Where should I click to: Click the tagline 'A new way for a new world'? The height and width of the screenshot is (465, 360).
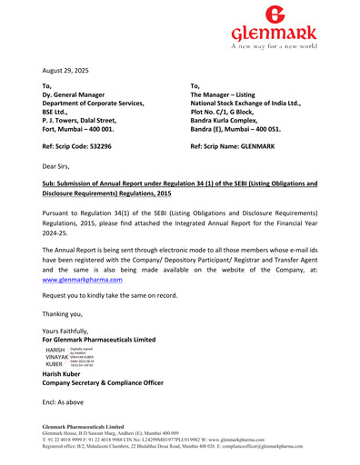click(x=273, y=44)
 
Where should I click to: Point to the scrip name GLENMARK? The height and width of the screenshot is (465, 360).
click(x=252, y=145)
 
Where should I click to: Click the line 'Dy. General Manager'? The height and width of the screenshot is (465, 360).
click(x=79, y=94)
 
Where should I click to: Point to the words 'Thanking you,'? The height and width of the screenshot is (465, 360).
click(x=66, y=314)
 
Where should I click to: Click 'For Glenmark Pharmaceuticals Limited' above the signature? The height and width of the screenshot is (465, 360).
click(x=99, y=340)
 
